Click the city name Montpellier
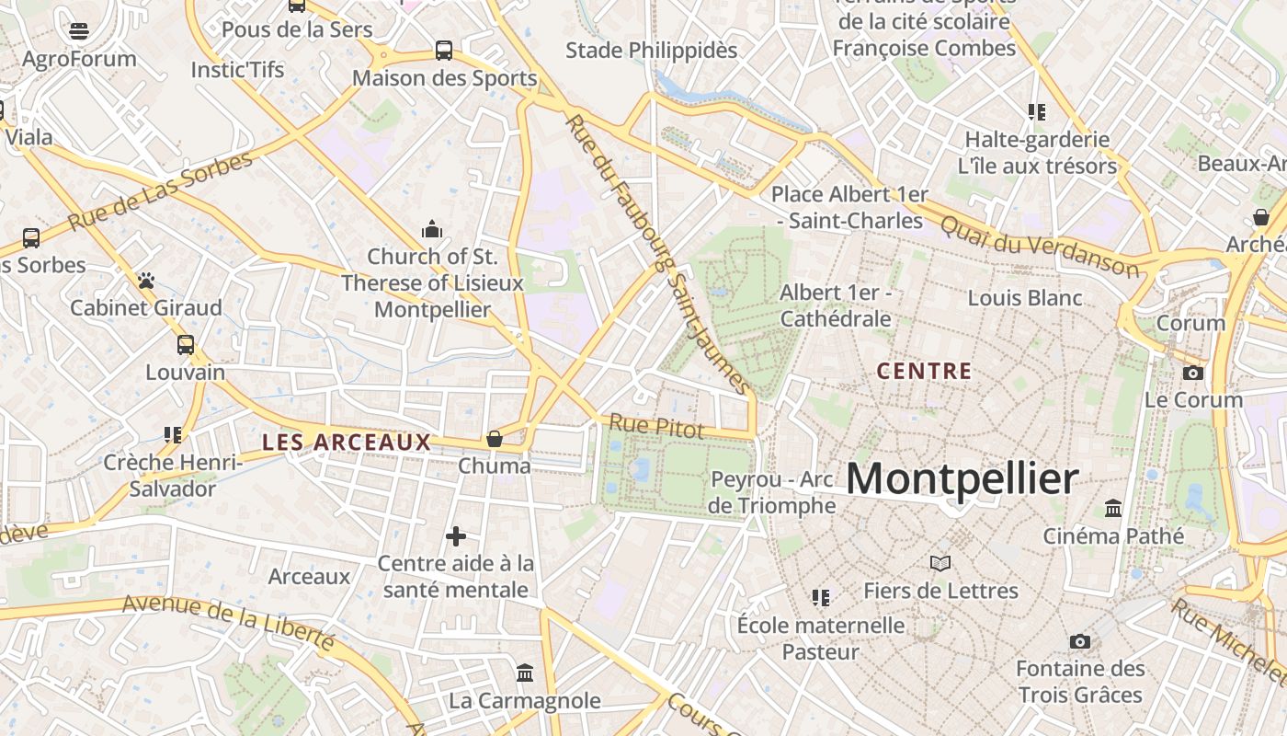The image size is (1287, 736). (x=962, y=479)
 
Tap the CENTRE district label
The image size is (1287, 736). (x=924, y=372)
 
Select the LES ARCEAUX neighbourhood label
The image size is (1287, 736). (x=347, y=443)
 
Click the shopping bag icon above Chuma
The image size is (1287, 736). (x=495, y=439)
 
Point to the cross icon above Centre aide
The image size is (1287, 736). (x=456, y=536)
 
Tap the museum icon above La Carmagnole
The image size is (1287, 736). (x=525, y=673)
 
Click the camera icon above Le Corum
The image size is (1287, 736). (x=1193, y=373)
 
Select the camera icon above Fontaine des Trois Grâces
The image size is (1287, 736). (x=1080, y=641)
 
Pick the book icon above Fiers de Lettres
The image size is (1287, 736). (x=940, y=563)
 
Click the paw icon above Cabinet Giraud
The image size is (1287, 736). (x=146, y=280)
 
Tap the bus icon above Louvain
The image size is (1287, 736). (x=186, y=345)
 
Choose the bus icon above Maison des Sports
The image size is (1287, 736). (x=444, y=51)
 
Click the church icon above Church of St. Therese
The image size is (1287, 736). (x=431, y=228)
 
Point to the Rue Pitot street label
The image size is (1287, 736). (x=656, y=427)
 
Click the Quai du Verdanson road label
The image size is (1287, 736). (x=1040, y=247)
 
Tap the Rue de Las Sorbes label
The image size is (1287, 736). (x=160, y=192)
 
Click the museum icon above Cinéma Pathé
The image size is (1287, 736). (x=1113, y=508)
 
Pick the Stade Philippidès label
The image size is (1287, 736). (x=651, y=51)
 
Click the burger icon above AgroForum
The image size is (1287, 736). (x=79, y=31)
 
